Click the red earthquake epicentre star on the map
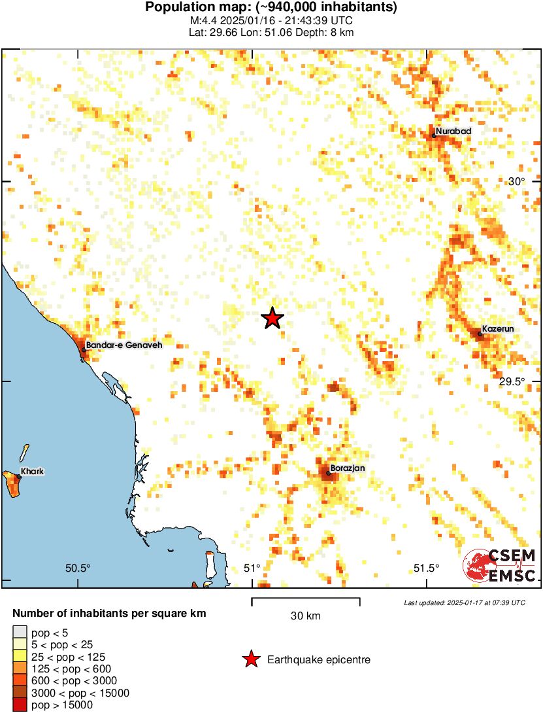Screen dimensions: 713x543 [272, 319]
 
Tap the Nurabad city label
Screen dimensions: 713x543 [453, 131]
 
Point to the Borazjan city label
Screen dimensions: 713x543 [348, 468]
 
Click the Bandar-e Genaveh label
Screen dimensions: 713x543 [123, 345]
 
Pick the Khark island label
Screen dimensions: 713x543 [32, 471]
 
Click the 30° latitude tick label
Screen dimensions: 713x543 [516, 182]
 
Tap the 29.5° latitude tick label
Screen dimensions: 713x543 [512, 382]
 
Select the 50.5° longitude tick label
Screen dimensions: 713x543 [78, 568]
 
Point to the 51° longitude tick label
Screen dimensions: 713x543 [252, 568]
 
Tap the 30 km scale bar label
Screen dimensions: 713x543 [305, 616]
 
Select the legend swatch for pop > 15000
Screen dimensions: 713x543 [20, 704]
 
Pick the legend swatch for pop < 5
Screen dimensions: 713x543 [20, 633]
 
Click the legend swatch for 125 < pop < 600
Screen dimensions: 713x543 [20, 669]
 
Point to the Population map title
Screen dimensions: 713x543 [271, 8]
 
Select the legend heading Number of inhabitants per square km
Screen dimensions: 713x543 [110, 614]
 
